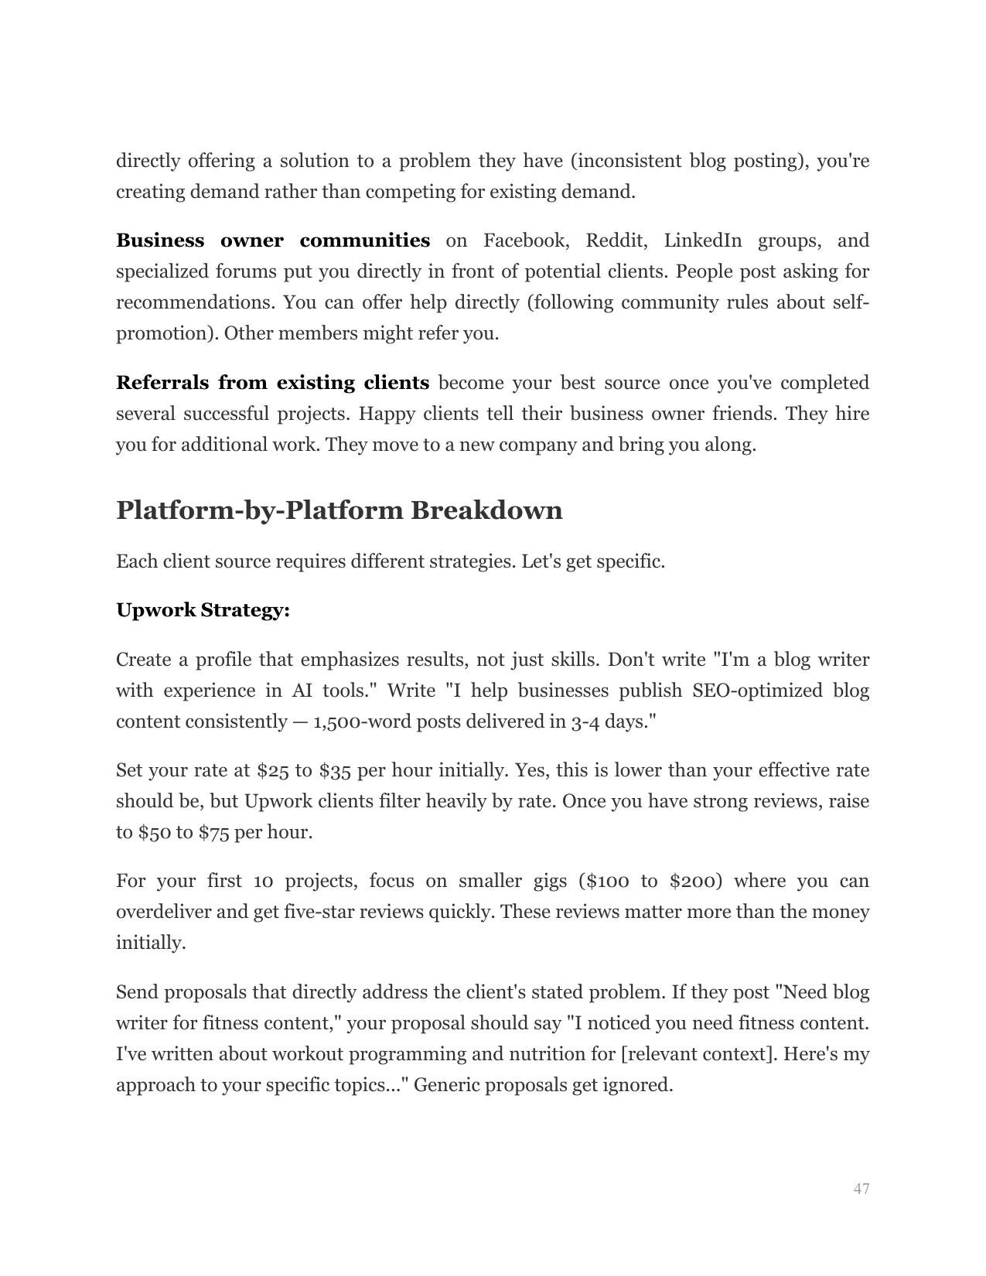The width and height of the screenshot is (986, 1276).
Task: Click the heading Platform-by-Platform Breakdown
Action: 339,511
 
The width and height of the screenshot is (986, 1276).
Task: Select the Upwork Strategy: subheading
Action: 203,610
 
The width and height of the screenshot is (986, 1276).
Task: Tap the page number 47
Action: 861,1189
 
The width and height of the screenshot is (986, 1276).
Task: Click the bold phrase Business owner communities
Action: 272,241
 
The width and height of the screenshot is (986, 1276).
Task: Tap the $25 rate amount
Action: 272,770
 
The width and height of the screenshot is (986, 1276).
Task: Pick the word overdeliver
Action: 163,912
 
